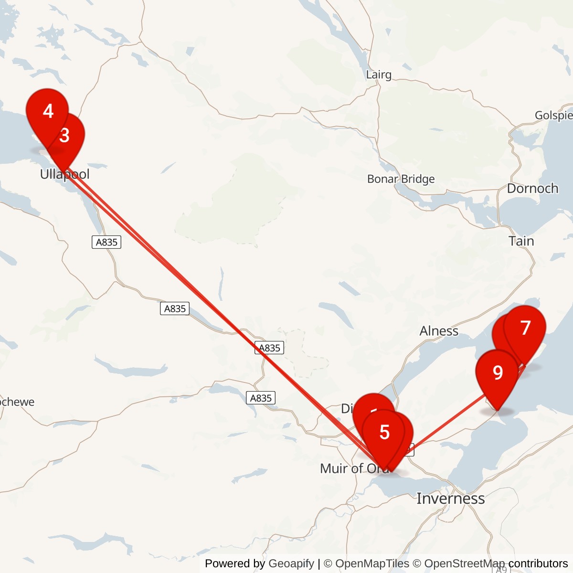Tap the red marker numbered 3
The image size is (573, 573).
pyautogui.click(x=66, y=136)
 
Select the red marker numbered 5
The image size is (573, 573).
pyautogui.click(x=384, y=433)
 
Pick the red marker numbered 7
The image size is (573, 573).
pyautogui.click(x=525, y=329)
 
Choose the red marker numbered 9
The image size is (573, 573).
pyautogui.click(x=498, y=373)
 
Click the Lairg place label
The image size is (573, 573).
pyautogui.click(x=379, y=74)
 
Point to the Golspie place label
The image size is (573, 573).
pyautogui.click(x=553, y=115)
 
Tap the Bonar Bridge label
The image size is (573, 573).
pyautogui.click(x=401, y=179)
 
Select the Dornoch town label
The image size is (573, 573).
pyautogui.click(x=532, y=189)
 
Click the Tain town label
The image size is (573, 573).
pyautogui.click(x=521, y=241)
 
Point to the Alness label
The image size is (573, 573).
pyautogui.click(x=439, y=331)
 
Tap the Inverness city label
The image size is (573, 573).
pyautogui.click(x=450, y=499)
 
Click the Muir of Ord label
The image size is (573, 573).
pyautogui.click(x=353, y=468)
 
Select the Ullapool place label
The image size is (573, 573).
pyautogui.click(x=64, y=174)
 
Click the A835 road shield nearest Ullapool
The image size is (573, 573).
pyautogui.click(x=106, y=242)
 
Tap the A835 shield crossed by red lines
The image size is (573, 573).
pyautogui.click(x=269, y=348)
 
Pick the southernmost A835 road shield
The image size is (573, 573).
pyautogui.click(x=261, y=398)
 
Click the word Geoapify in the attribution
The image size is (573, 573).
pyautogui.click(x=291, y=563)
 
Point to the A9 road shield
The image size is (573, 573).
pyautogui.click(x=500, y=569)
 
